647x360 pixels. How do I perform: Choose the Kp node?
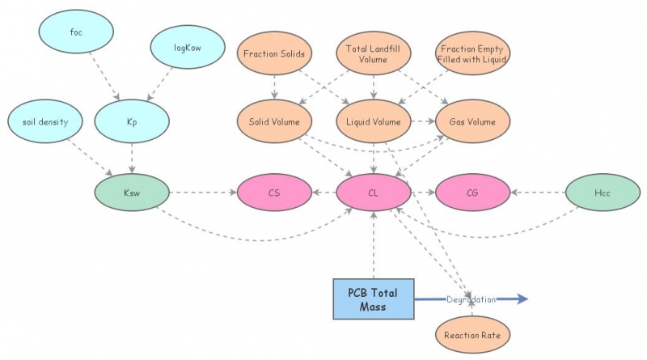pyautogui.click(x=130, y=122)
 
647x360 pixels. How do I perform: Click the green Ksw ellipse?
pyautogui.click(x=131, y=194)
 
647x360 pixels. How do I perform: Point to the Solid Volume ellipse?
pyautogui.click(x=274, y=122)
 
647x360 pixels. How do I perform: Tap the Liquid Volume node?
pyautogui.click(x=373, y=122)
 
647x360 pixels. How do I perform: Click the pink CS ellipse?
pyautogui.click(x=274, y=194)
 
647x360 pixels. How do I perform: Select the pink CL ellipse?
pyautogui.click(x=373, y=194)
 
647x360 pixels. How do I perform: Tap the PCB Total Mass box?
pyautogui.click(x=373, y=299)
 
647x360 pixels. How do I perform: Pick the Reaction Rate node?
pyautogui.click(x=472, y=332)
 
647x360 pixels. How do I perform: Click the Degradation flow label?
pyautogui.click(x=471, y=299)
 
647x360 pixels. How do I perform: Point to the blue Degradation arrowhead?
pyautogui.click(x=522, y=299)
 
